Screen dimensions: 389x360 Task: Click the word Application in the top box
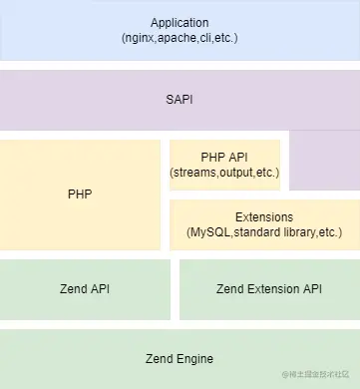click(180, 22)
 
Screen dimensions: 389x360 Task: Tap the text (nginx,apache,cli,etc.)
click(180, 38)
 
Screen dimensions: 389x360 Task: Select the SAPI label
click(180, 100)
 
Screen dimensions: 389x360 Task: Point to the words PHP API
click(224, 157)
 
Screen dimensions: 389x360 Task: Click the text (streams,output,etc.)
click(224, 173)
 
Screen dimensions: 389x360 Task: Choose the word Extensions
click(264, 216)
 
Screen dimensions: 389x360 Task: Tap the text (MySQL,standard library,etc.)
click(264, 232)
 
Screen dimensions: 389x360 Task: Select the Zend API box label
click(85, 289)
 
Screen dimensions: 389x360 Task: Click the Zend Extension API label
click(268, 289)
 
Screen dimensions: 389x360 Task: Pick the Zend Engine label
click(180, 358)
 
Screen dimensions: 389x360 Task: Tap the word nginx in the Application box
click(141, 38)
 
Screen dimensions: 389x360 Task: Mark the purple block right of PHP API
click(324, 160)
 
